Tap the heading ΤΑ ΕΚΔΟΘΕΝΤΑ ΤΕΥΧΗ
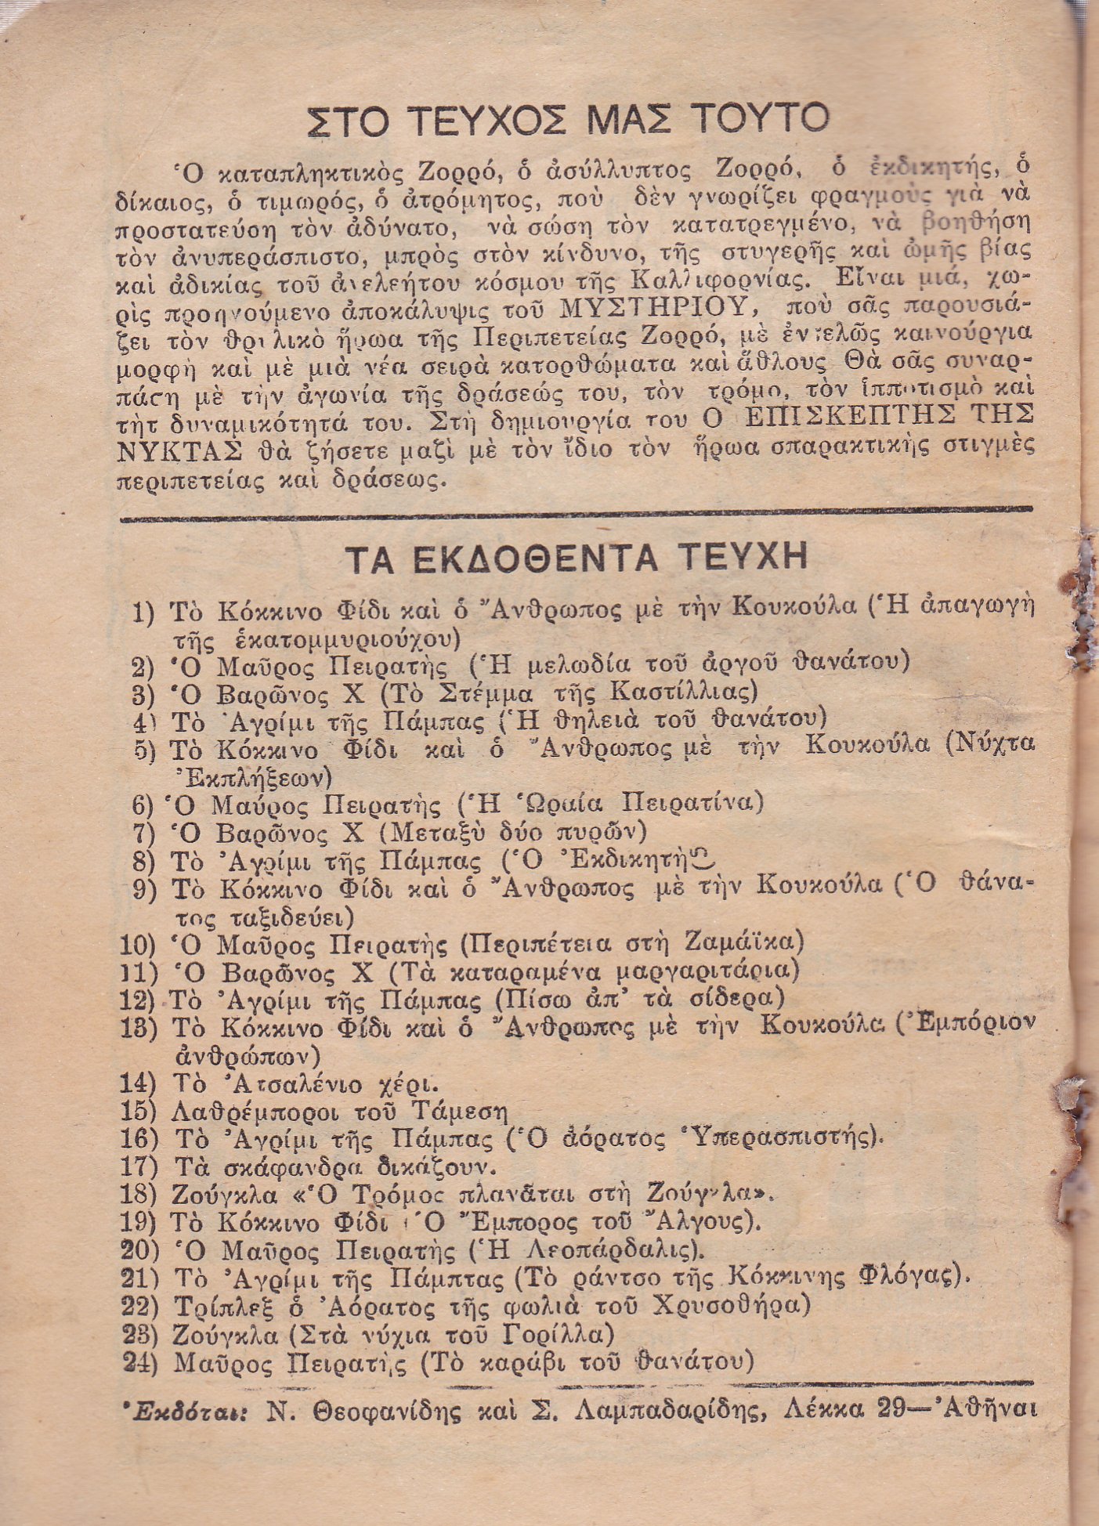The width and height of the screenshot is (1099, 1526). click(x=577, y=559)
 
